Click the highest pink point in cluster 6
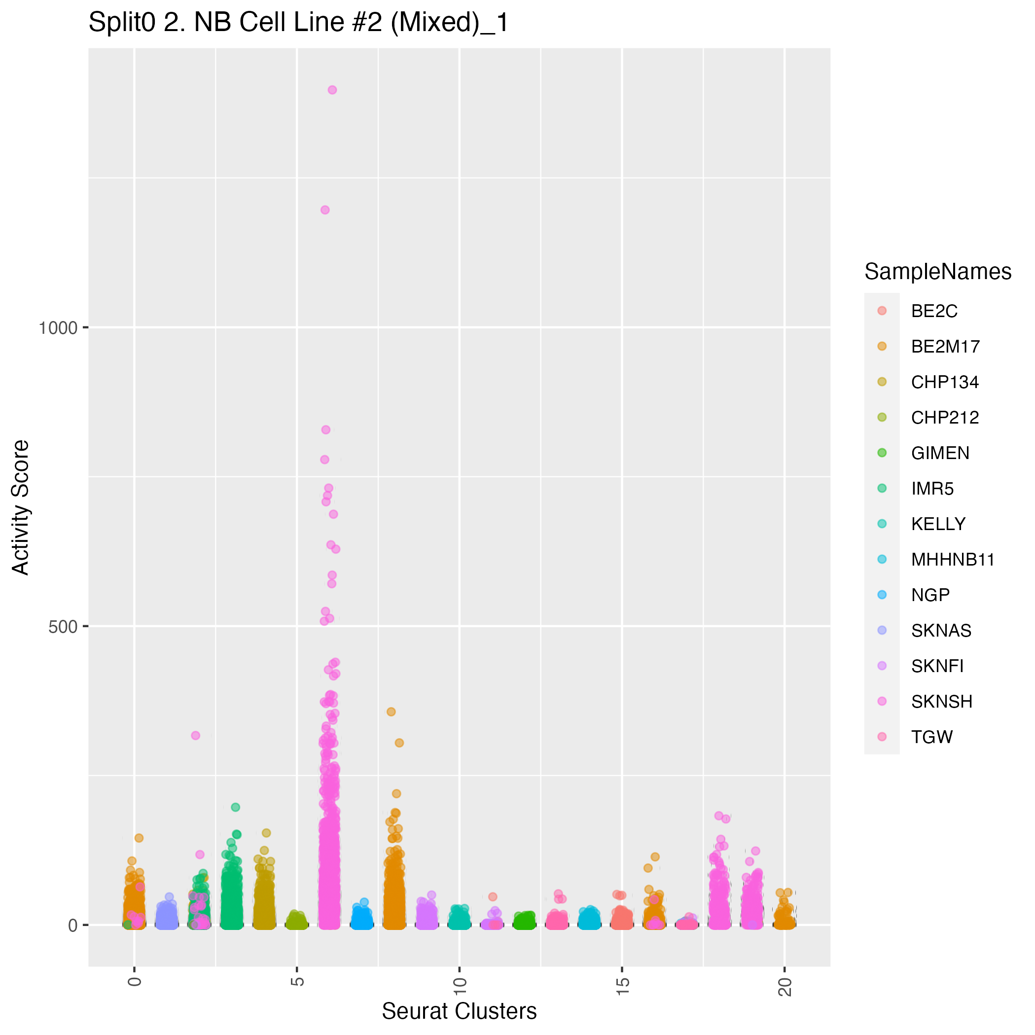pyautogui.click(x=332, y=90)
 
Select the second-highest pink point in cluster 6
pyautogui.click(x=325, y=210)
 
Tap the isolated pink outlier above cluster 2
pyautogui.click(x=196, y=736)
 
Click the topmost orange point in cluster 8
pyautogui.click(x=391, y=712)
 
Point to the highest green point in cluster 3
pyautogui.click(x=235, y=807)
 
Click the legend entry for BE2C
pyautogui.click(x=934, y=311)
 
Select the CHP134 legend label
pyautogui.click(x=944, y=382)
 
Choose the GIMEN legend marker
pyautogui.click(x=882, y=453)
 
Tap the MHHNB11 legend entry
pyautogui.click(x=953, y=560)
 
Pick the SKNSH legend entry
pyautogui.click(x=941, y=702)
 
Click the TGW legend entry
pyautogui.click(x=931, y=737)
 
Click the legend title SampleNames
pyautogui.click(x=937, y=272)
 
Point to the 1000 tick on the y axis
pyautogui.click(x=58, y=327)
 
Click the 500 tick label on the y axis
pyautogui.click(x=63, y=626)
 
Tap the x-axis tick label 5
pyautogui.click(x=298, y=981)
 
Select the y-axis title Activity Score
pyautogui.click(x=20, y=507)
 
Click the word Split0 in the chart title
pyautogui.click(x=123, y=23)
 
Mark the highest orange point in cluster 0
pyautogui.click(x=139, y=838)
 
